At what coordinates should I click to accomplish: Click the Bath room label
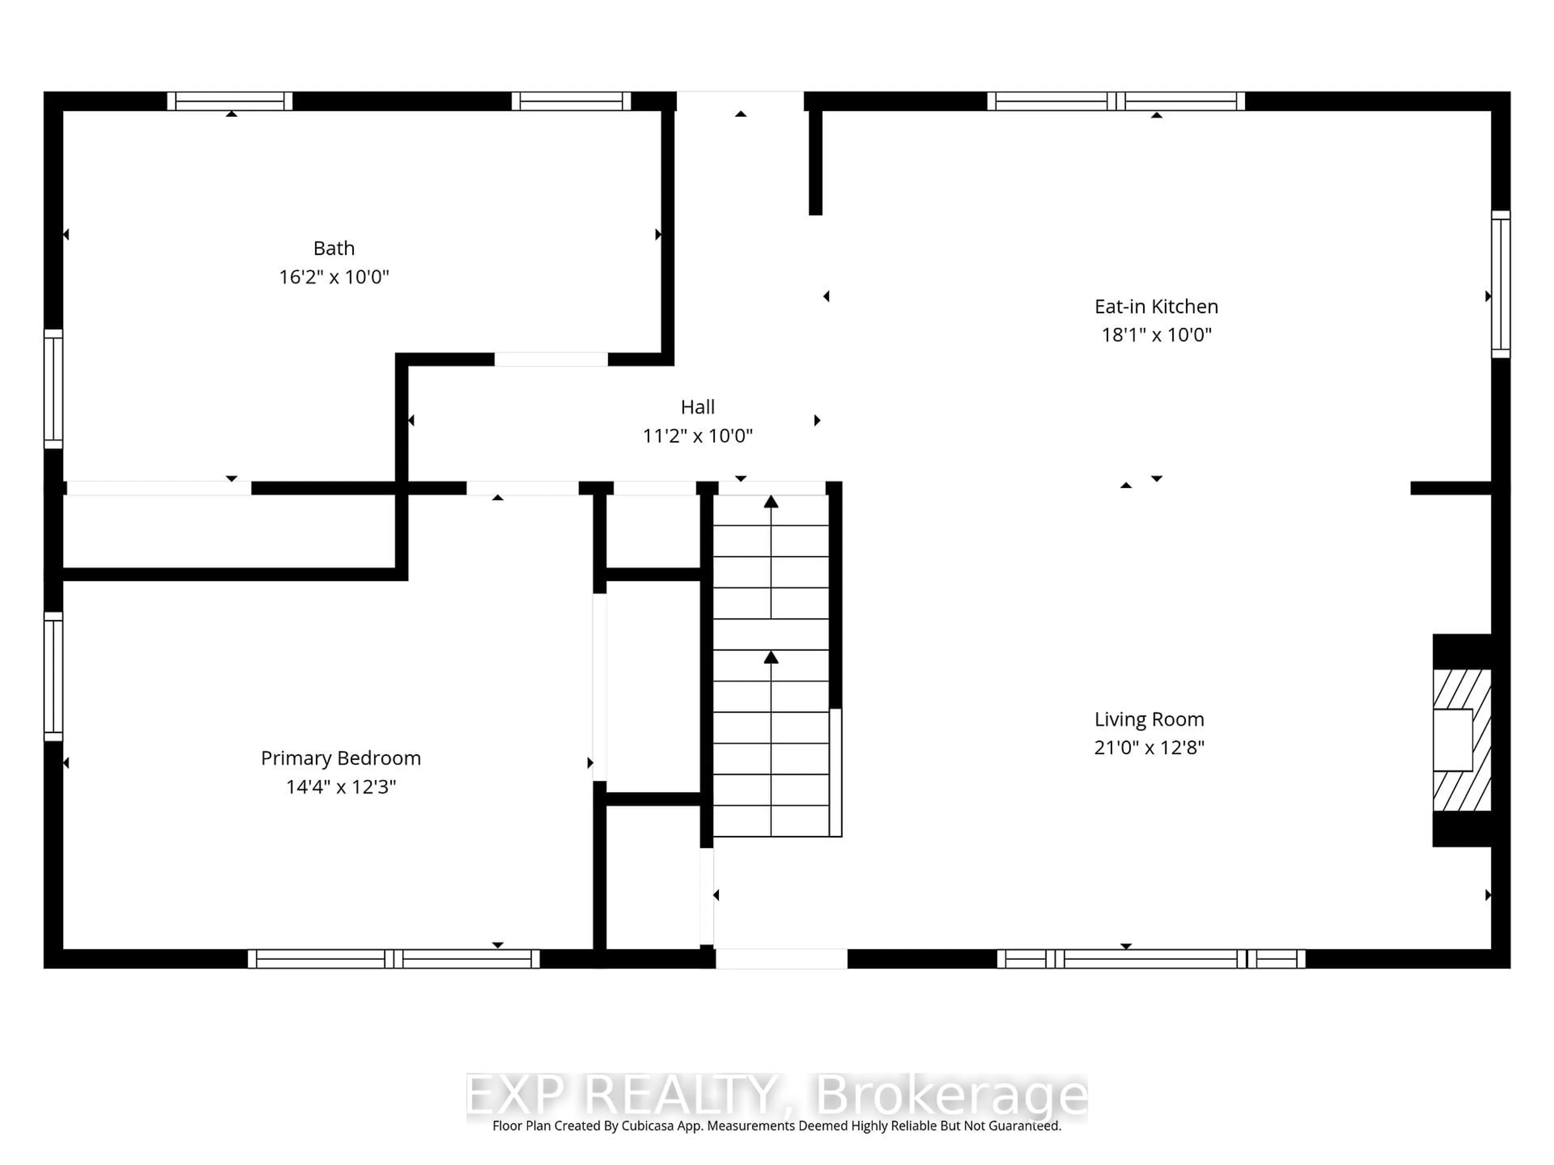point(334,249)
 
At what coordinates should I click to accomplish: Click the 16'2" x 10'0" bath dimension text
point(334,277)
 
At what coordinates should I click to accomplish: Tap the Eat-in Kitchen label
point(1156,307)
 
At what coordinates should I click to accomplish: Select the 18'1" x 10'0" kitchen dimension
point(1156,335)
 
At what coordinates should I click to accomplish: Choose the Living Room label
point(1149,719)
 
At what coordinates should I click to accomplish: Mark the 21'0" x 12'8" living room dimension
point(1149,748)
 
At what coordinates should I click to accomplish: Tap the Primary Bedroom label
point(341,758)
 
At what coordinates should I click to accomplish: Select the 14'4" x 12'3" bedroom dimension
point(341,787)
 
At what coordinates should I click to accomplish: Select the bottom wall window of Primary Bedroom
point(393,959)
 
